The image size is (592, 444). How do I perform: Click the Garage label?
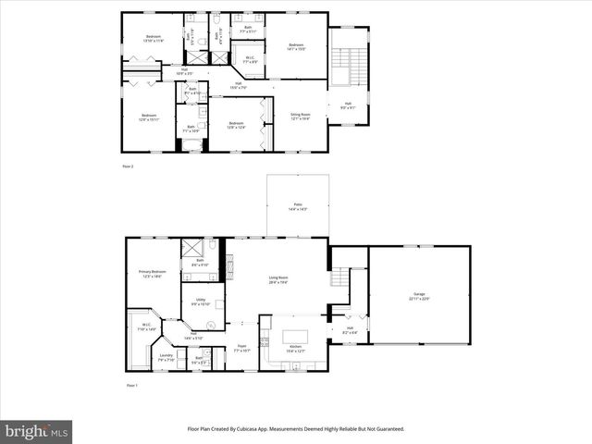tap(421, 296)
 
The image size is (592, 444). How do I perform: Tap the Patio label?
tap(298, 206)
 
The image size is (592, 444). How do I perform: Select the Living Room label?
tap(278, 279)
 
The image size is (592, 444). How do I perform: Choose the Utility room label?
tap(201, 301)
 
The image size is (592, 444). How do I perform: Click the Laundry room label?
tap(166, 356)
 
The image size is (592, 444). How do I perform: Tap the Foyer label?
tap(241, 348)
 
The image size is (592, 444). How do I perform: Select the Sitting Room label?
tap(301, 116)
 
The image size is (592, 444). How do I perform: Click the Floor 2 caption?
tap(129, 166)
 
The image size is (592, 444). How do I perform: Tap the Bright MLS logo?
tap(36, 431)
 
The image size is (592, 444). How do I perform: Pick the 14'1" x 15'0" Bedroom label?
tap(296, 46)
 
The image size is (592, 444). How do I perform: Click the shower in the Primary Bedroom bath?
tap(193, 247)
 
